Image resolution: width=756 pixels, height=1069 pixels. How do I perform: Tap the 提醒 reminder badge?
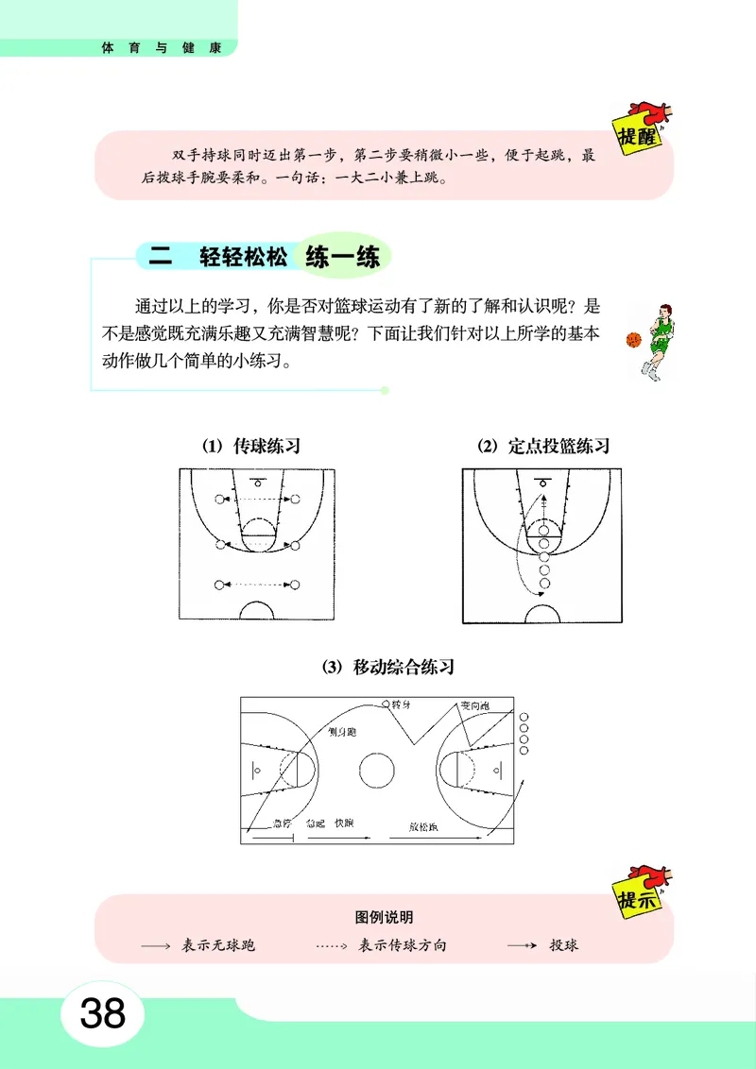pos(637,131)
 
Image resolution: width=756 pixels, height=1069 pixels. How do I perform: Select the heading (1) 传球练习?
pos(250,446)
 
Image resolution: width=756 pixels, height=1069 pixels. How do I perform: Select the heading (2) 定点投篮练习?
pos(543,446)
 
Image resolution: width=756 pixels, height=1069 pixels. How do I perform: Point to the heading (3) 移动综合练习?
pos(388,667)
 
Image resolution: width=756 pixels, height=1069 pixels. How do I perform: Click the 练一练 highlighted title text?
pos(343,256)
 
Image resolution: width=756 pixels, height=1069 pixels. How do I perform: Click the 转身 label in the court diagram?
pos(403,704)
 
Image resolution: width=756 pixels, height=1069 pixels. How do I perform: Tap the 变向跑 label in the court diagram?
pos(474,705)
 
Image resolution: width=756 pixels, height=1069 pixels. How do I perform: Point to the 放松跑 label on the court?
pos(422,824)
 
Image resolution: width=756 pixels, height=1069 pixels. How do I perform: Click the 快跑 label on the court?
pos(343,823)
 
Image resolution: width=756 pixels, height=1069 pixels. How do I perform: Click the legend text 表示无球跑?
pos(218,945)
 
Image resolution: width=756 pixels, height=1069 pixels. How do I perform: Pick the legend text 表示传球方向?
pos(403,945)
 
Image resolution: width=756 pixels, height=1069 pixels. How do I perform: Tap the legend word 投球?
pos(563,945)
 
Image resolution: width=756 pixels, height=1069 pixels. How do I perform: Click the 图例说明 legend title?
pos(384,917)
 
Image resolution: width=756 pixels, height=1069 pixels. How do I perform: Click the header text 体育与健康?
pos(162,47)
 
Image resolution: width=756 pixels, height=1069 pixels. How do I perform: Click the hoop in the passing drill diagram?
pos(257,483)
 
